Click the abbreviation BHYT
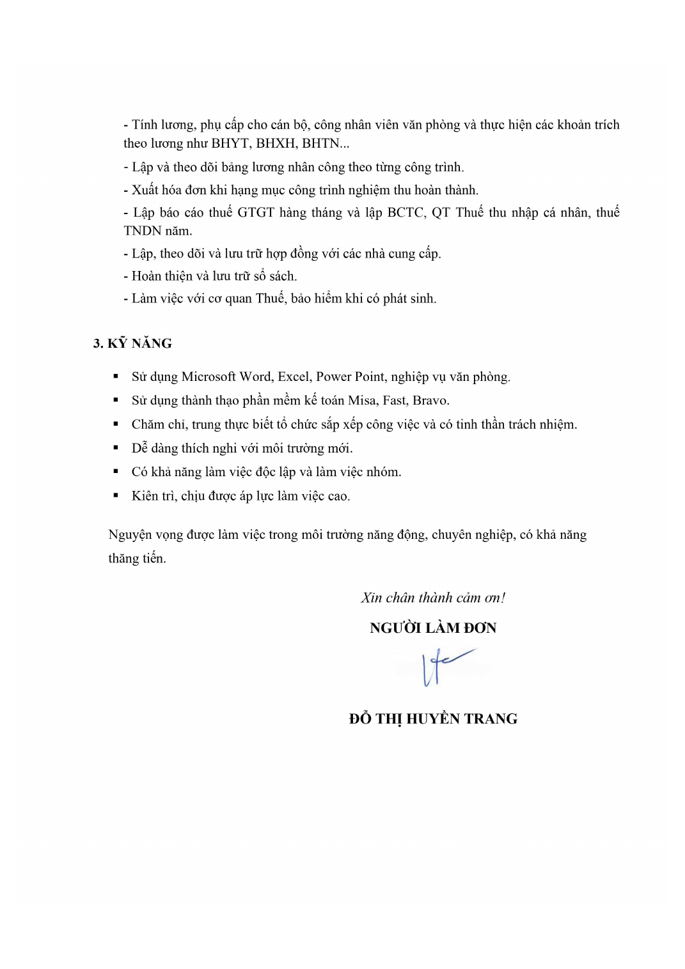[x=230, y=144]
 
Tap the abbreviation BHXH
[x=276, y=144]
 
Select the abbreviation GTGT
[x=256, y=213]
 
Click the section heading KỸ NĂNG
[x=139, y=344]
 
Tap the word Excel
[x=294, y=377]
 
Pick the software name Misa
[x=362, y=401]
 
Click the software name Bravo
[x=430, y=401]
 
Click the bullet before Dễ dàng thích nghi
[x=116, y=447]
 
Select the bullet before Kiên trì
[x=116, y=495]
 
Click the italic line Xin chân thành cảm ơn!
[x=433, y=598]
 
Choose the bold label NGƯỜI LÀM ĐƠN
[x=433, y=628]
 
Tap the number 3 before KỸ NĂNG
[x=97, y=344]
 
